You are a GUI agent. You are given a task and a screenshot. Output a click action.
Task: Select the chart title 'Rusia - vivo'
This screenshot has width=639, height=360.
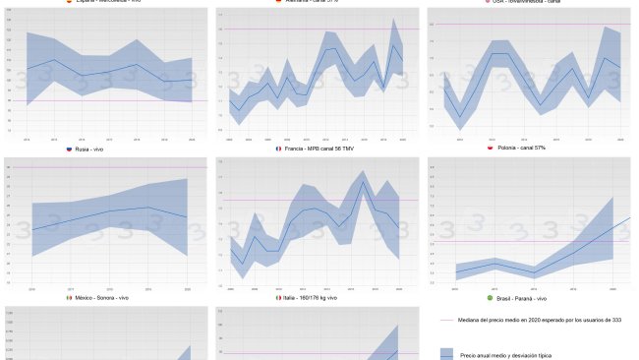coord(93,149)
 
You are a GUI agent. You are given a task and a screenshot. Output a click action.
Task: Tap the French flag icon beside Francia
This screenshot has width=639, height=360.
coord(279,149)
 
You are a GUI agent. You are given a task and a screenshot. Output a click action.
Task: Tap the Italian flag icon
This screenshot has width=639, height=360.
coord(279,297)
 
